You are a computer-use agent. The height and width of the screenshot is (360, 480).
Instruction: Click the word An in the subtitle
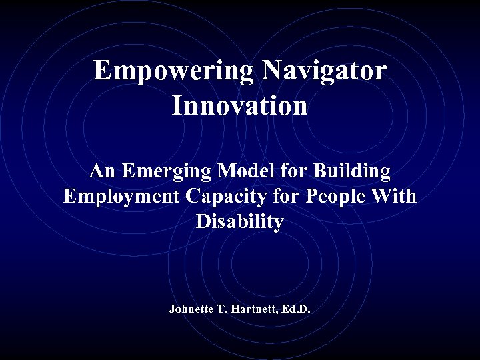[x=102, y=171]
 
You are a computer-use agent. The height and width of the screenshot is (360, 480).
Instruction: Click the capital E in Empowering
[x=102, y=71]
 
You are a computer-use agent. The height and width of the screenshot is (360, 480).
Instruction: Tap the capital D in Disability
[x=203, y=222]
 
